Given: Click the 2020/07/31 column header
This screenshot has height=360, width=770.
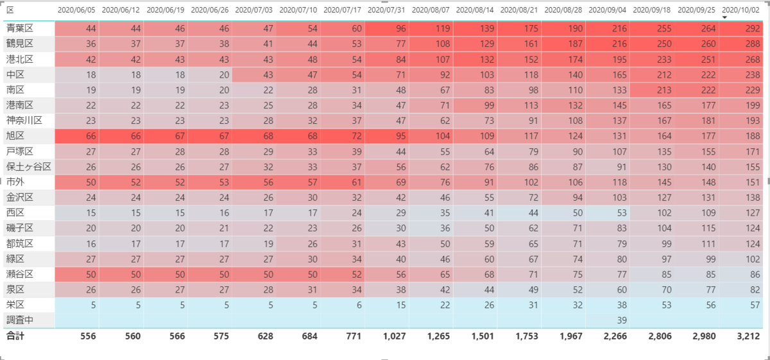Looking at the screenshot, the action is pyautogui.click(x=386, y=10).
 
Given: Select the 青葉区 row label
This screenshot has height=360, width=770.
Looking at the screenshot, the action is pyautogui.click(x=20, y=28).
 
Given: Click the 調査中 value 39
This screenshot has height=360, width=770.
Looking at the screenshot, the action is pyautogui.click(x=622, y=320).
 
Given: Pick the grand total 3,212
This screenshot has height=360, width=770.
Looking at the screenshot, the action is pyautogui.click(x=748, y=336).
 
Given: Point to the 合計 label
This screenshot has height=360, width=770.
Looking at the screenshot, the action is pyautogui.click(x=15, y=336).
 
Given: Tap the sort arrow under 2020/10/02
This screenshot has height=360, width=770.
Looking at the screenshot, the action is pyautogui.click(x=724, y=17).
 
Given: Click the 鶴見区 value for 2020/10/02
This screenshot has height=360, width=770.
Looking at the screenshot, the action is pyautogui.click(x=753, y=44).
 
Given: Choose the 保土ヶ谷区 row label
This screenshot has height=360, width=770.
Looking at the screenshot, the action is pyautogui.click(x=28, y=167).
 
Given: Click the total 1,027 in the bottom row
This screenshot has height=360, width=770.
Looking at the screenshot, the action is pyautogui.click(x=394, y=336).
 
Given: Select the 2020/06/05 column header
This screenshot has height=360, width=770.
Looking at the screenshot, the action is pyautogui.click(x=76, y=10).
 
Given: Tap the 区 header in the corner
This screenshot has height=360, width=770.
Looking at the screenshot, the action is pyautogui.click(x=10, y=10).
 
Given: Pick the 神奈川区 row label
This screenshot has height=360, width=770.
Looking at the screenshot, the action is pyautogui.click(x=24, y=121).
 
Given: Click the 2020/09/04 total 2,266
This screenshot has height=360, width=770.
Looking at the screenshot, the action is pyautogui.click(x=615, y=336).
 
